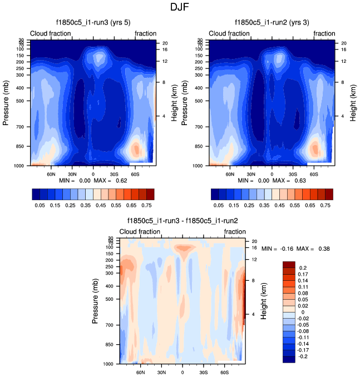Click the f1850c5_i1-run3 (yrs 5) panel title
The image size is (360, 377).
tap(92, 23)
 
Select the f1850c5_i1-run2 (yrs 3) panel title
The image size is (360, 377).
tap(272, 23)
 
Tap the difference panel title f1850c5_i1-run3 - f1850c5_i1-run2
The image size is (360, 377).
tap(182, 221)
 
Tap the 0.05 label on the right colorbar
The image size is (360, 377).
tap(219, 205)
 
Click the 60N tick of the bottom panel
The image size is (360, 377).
tap(140, 372)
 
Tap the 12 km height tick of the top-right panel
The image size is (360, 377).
tap(343, 61)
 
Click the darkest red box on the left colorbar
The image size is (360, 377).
tap(150, 194)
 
